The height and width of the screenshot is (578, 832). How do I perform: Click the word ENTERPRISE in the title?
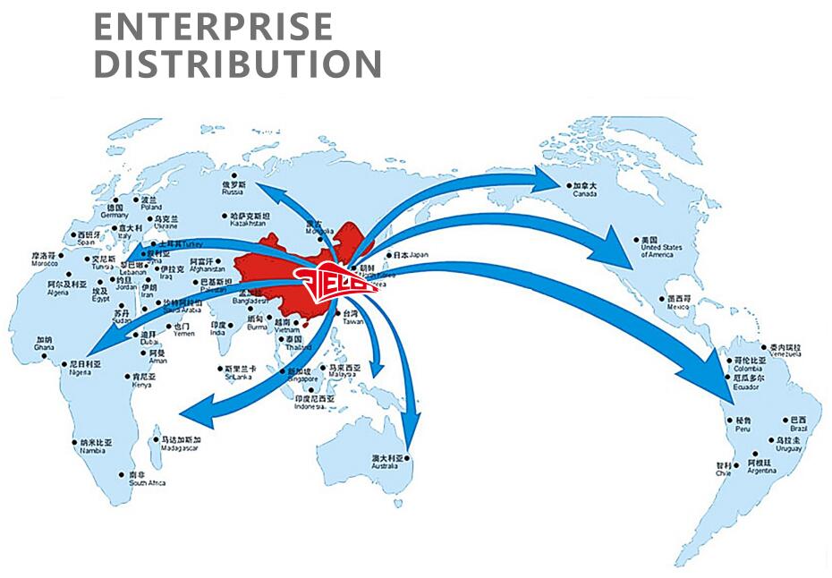coord(213,27)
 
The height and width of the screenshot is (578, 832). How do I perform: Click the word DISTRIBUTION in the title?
coord(238,64)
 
